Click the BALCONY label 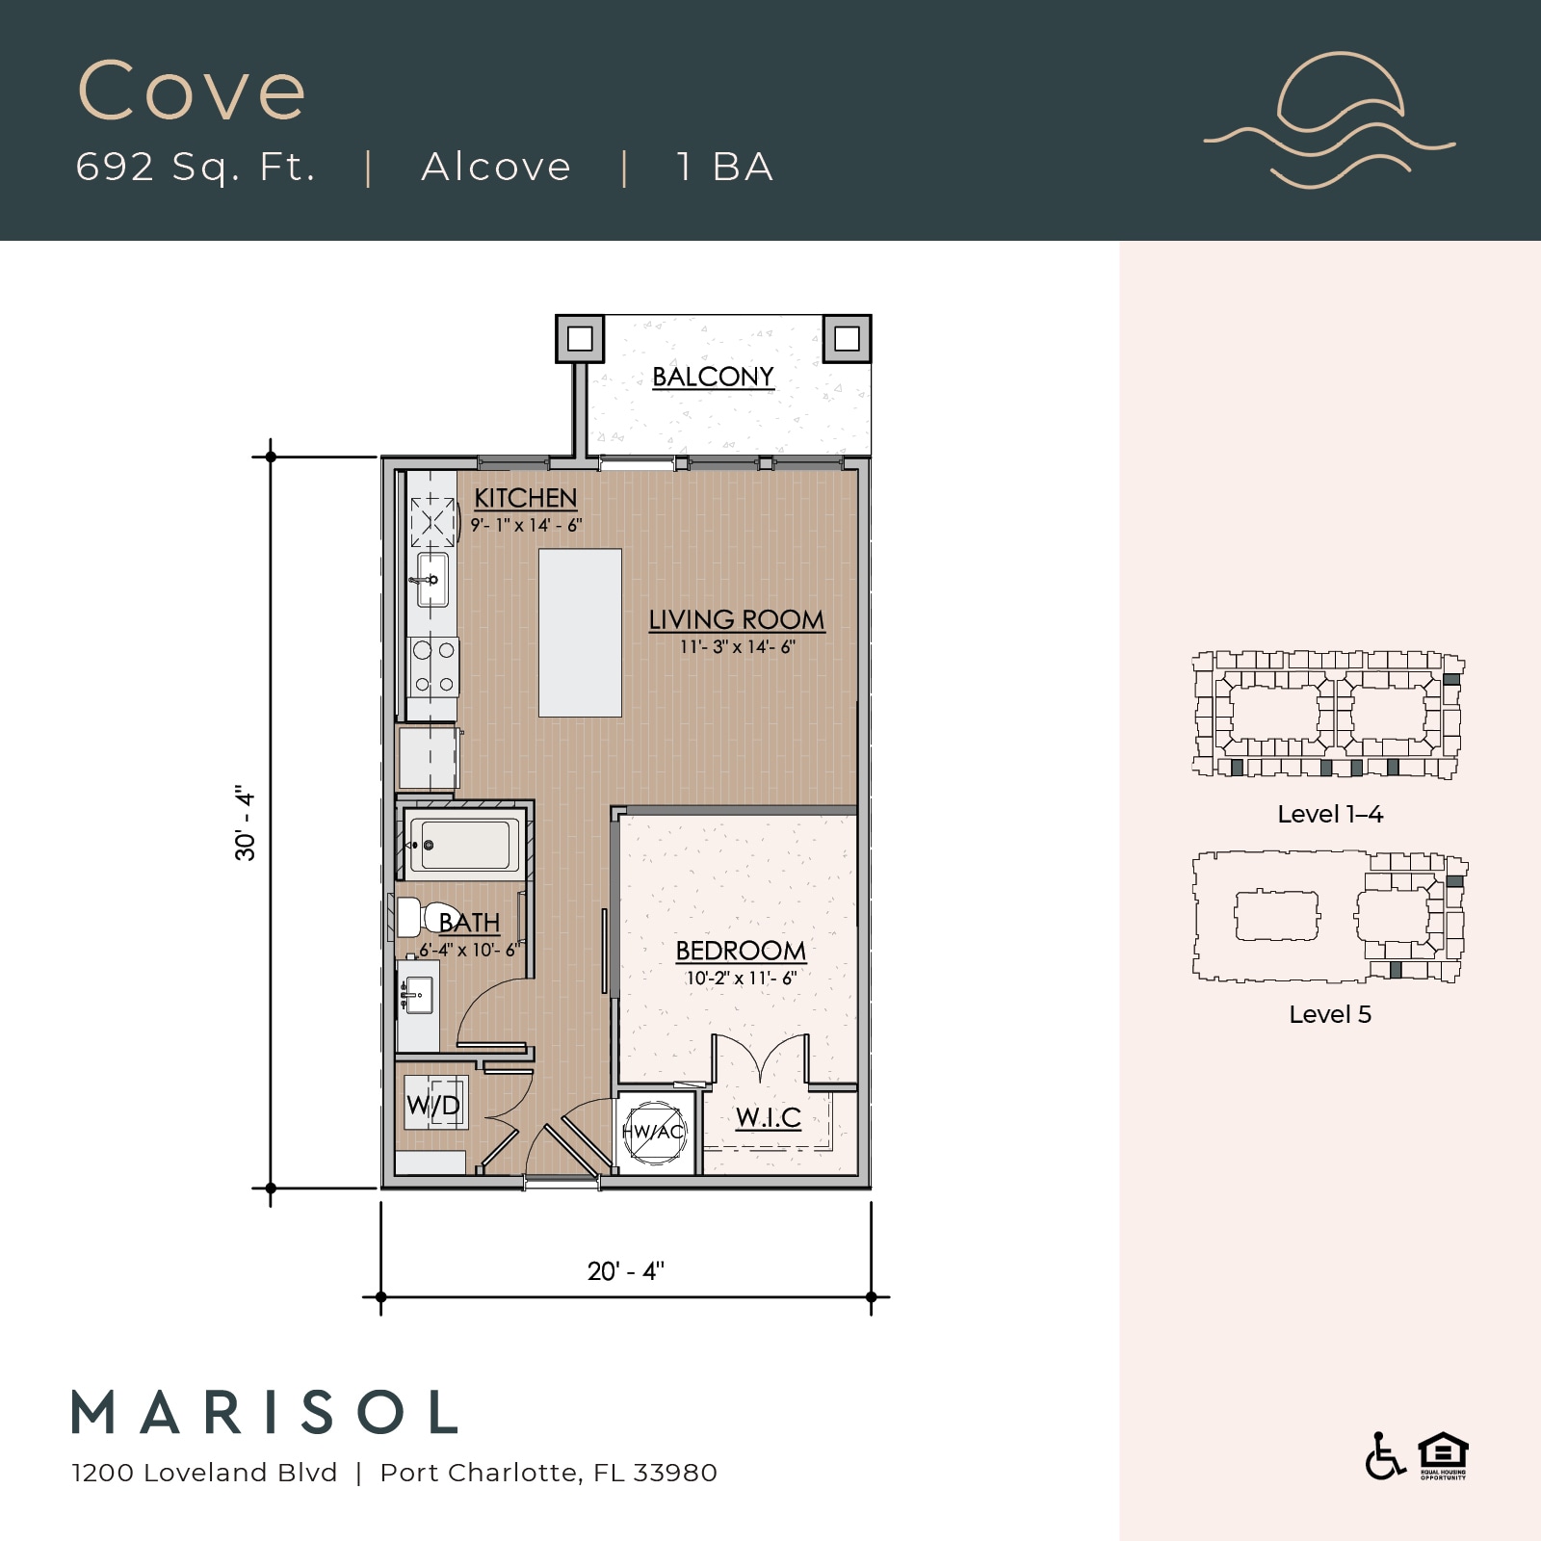pos(713,377)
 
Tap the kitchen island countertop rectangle pos(580,633)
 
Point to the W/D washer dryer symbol pos(434,1104)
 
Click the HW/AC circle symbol pos(654,1132)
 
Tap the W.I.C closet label pos(769,1117)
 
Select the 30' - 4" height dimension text pos(246,824)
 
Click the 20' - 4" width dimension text pos(626,1271)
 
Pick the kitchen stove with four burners pos(433,666)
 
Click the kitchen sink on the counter pos(432,580)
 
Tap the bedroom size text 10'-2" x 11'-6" pos(741,979)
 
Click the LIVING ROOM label pos(737,620)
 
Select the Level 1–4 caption pos(1330,815)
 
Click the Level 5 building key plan pos(1330,917)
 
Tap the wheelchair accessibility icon pos(1384,1456)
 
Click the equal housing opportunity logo pos(1443,1456)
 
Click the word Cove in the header pos(192,91)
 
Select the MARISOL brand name pos(266,1413)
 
